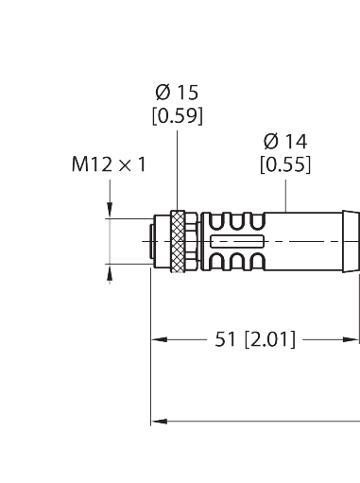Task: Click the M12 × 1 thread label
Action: coord(109,164)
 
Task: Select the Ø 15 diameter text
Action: coord(176,95)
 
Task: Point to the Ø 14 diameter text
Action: coord(285,142)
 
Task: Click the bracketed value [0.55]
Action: coord(285,164)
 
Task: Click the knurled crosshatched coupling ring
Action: coord(179,244)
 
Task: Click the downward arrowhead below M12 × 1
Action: coord(111,213)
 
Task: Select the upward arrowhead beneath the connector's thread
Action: coord(111,275)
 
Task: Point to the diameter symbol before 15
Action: coord(162,95)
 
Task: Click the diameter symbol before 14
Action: coord(270,142)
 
